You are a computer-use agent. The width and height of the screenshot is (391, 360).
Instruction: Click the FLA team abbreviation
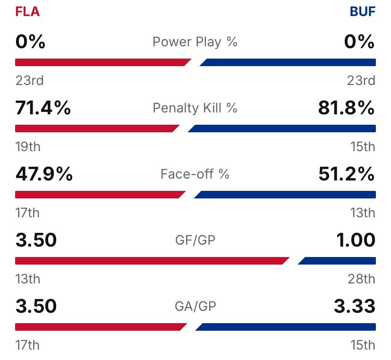(x=27, y=12)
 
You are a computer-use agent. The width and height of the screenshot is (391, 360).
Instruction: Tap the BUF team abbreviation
(x=363, y=12)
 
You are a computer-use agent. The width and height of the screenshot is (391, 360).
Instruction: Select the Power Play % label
(x=195, y=42)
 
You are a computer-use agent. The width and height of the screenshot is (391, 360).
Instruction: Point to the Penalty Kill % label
(x=195, y=108)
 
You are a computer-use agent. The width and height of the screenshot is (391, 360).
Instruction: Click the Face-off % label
(x=195, y=174)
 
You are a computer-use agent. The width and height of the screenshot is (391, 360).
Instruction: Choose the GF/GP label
(x=195, y=240)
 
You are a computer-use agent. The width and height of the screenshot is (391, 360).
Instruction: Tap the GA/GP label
(x=195, y=307)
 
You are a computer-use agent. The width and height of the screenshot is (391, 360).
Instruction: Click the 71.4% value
(x=43, y=108)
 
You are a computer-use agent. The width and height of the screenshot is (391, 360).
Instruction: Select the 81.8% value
(x=347, y=108)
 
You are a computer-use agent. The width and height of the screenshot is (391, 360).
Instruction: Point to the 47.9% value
(x=44, y=174)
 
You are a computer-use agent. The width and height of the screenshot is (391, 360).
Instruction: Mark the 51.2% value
(x=347, y=174)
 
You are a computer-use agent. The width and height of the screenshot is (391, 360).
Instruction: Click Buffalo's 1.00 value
(x=356, y=240)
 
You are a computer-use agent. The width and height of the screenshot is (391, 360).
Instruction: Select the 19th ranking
(x=28, y=147)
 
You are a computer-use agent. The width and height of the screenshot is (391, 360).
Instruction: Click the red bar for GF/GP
(x=151, y=261)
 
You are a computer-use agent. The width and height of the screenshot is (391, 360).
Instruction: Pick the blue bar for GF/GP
(x=338, y=261)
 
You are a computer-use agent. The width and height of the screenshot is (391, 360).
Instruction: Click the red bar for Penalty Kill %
(x=97, y=129)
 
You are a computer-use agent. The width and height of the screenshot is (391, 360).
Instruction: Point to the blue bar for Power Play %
(x=288, y=62)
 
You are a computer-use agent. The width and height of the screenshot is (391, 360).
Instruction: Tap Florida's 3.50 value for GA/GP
(x=36, y=307)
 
